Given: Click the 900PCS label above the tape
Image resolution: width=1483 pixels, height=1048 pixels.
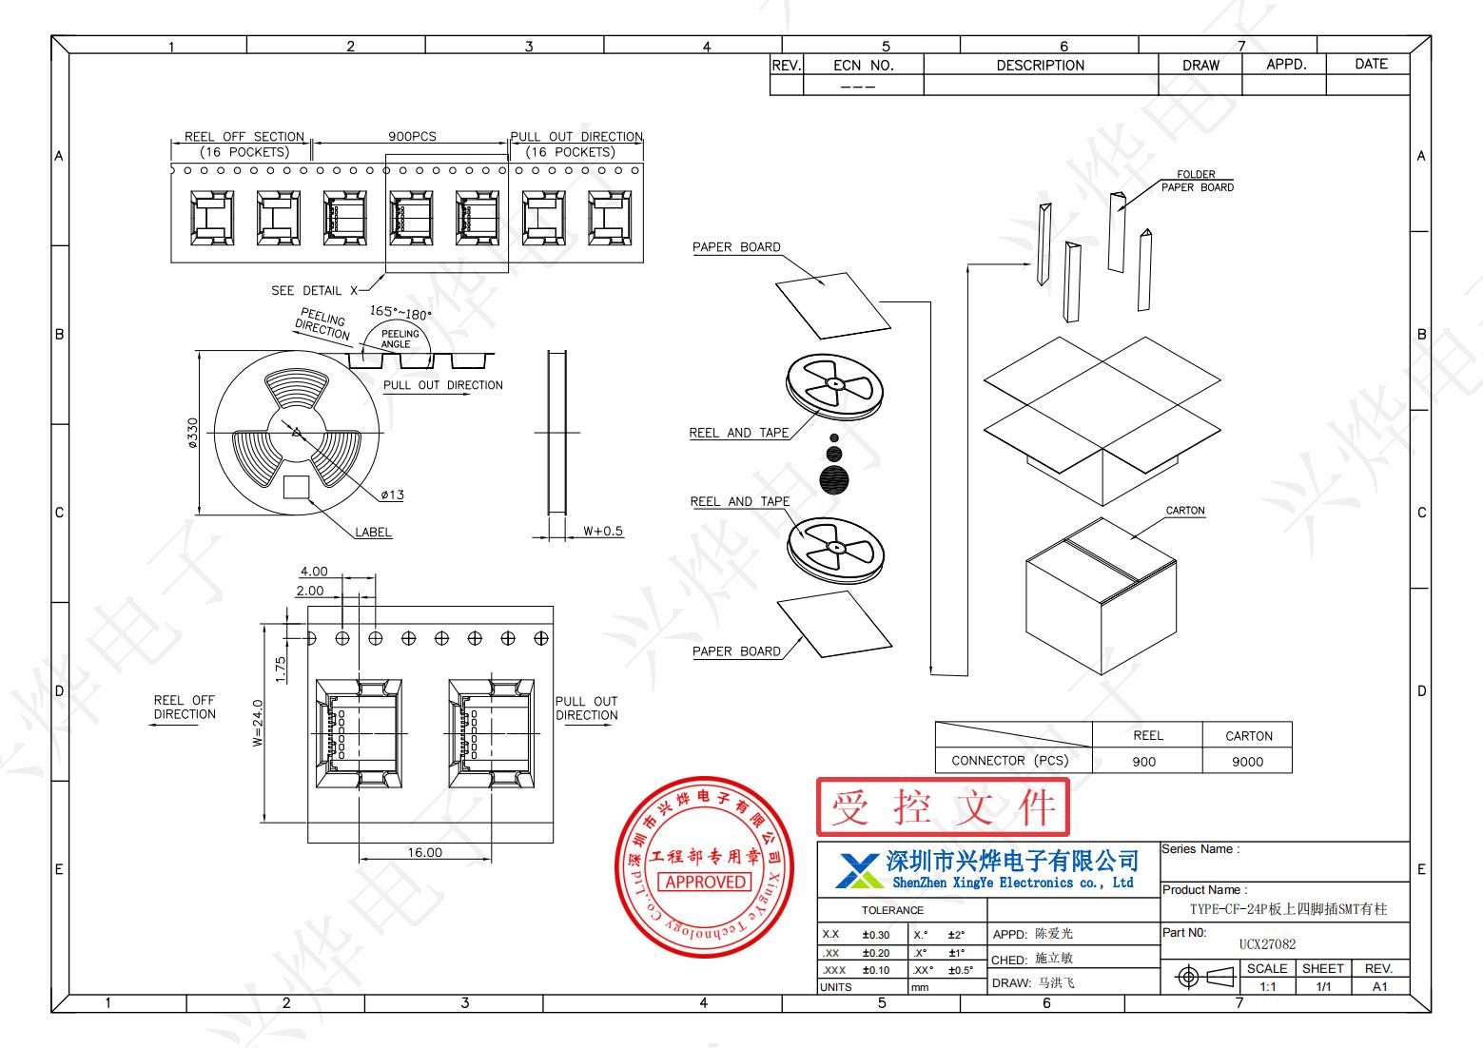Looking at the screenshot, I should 412,137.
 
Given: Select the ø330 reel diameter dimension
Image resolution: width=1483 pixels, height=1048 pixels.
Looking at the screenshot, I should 193,433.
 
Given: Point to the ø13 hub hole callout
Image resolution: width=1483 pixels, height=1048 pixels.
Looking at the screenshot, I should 392,495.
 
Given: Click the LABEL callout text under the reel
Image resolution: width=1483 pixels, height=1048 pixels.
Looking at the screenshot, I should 373,533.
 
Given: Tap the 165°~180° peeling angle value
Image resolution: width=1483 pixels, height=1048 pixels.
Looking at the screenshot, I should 400,312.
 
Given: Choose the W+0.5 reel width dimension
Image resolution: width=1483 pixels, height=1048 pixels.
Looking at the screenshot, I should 603,531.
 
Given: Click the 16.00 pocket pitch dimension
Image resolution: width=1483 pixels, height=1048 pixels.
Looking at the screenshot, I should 424,852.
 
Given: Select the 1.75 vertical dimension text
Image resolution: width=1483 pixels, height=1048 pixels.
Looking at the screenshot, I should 281,668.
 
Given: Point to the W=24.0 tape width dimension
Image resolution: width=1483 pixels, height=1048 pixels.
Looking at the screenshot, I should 258,723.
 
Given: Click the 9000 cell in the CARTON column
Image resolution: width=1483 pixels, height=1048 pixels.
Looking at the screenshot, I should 1247,761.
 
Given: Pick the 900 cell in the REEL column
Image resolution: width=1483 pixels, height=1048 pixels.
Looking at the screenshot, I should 1144,761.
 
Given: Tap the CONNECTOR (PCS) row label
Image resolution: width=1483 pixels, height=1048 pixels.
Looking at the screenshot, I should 1010,761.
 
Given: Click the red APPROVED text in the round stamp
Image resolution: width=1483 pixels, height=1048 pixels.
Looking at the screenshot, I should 706,882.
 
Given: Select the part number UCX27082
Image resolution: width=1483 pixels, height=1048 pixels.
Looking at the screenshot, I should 1267,944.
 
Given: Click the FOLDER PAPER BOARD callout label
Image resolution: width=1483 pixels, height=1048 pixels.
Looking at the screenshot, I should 1197,181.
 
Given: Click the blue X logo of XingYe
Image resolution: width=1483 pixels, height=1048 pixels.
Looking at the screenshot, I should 858,869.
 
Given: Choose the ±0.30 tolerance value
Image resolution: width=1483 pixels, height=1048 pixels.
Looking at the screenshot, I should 876,935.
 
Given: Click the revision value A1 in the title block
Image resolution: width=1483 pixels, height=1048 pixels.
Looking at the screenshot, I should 1379,986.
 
